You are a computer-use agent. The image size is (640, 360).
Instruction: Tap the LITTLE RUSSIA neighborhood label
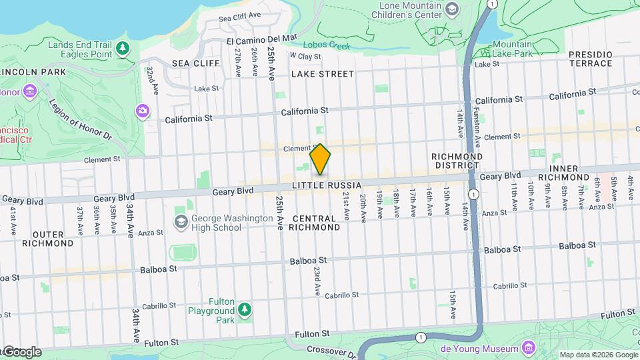327,185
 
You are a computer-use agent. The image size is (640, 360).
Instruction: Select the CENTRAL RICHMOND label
316,223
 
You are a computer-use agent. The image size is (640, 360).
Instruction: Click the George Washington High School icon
181,221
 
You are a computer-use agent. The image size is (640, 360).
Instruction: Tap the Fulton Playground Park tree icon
245,309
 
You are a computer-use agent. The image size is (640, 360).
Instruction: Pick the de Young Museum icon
529,348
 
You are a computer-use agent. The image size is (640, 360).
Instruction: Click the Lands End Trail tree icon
122,47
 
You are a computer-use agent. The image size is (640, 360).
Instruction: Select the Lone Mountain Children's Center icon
453,8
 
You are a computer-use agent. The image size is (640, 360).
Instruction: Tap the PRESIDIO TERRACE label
589,59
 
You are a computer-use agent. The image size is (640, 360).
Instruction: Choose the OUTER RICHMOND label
48,239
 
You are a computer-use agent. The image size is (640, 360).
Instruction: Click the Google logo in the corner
21,352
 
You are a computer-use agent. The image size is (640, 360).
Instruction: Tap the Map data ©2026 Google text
598,355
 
